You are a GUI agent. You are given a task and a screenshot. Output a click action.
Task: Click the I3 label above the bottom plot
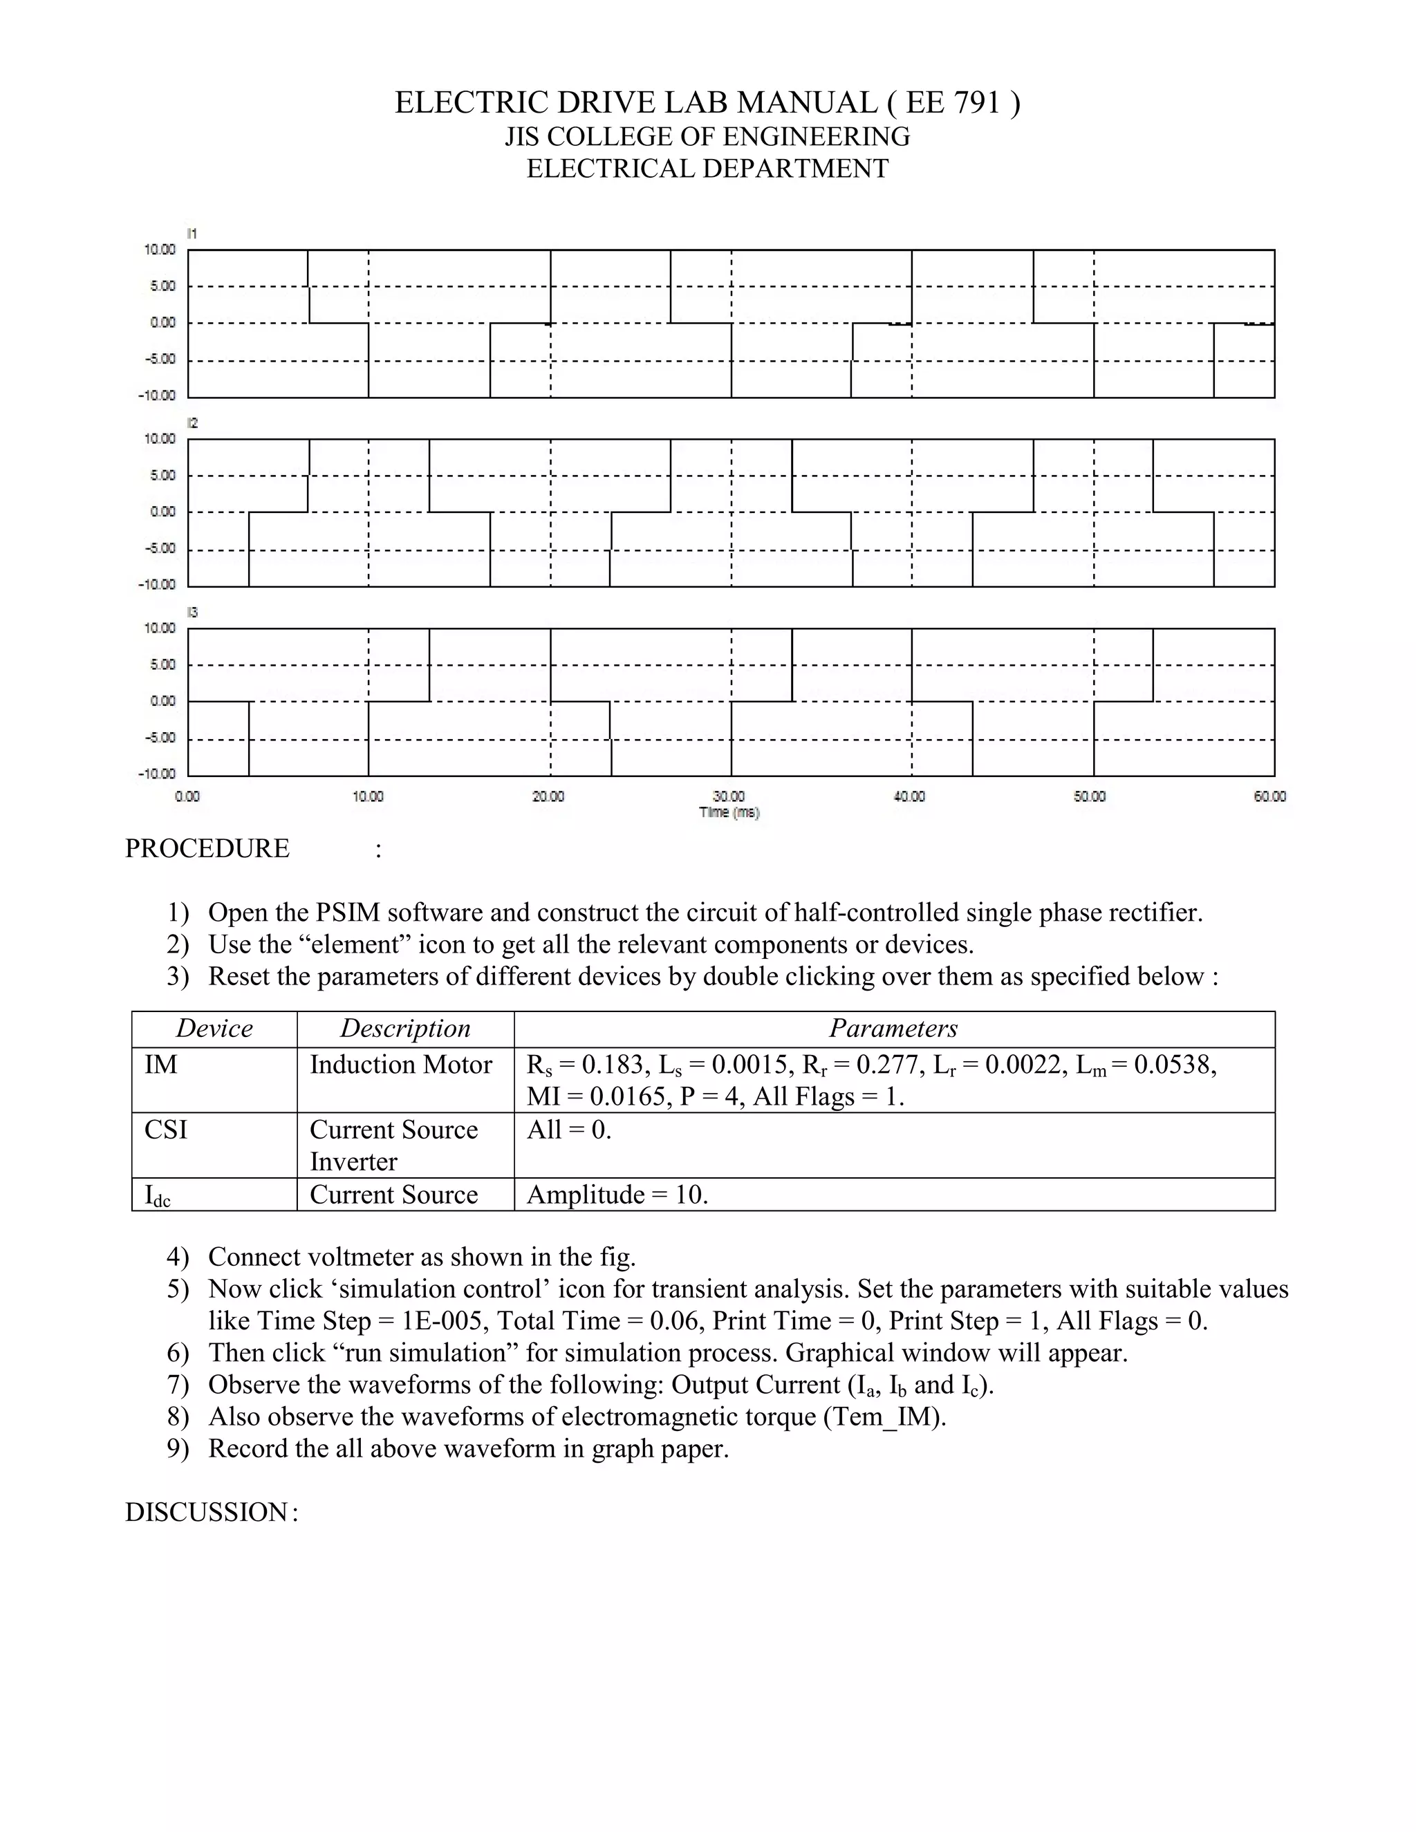(x=192, y=613)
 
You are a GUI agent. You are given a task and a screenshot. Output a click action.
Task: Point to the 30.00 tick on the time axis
(x=728, y=796)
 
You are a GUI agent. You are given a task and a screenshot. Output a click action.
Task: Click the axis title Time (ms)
(x=728, y=812)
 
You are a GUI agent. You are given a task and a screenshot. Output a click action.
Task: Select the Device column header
(x=214, y=1029)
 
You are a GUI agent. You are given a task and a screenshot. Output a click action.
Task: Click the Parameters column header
(x=893, y=1029)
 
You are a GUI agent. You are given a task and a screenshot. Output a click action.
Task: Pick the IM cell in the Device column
(x=161, y=1065)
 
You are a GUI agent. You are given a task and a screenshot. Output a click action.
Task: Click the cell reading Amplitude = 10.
(x=617, y=1195)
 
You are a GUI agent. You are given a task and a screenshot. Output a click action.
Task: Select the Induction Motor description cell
(x=400, y=1065)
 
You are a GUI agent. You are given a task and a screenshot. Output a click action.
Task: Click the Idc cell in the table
(x=157, y=1195)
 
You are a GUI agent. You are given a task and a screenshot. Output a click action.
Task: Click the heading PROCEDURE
(x=207, y=848)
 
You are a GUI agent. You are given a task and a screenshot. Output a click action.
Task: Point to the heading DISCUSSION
(x=206, y=1511)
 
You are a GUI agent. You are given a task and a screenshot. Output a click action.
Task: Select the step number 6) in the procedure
(x=178, y=1352)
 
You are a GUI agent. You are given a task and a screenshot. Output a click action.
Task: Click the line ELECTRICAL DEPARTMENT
(x=707, y=169)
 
